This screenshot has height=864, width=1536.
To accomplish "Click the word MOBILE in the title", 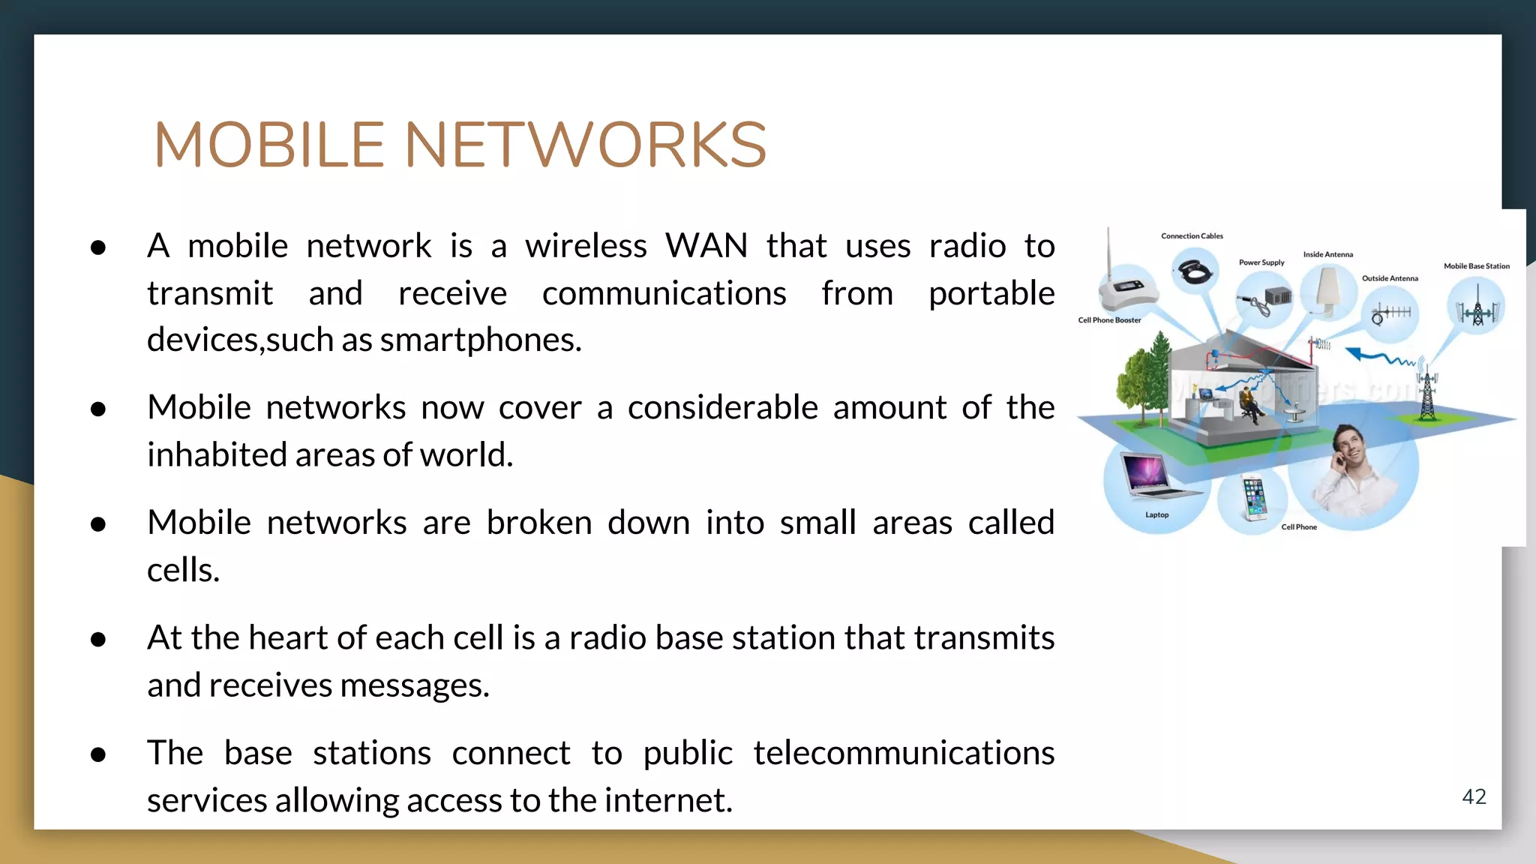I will coord(268,145).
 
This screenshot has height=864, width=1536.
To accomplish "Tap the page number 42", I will coord(1474,796).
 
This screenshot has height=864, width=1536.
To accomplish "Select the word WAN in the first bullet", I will coord(706,246).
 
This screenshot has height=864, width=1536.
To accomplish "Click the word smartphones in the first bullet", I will coord(480,340).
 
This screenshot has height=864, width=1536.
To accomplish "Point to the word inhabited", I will coord(217,455).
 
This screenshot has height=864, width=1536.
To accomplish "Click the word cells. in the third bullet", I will coord(183,571).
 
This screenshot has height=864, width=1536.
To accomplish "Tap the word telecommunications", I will coord(903,753).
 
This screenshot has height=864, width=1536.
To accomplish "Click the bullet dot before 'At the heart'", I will coord(97,640).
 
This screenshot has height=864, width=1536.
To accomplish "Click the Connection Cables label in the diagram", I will coord(1192,236).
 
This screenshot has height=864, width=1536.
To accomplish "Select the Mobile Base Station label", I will coord(1476,266).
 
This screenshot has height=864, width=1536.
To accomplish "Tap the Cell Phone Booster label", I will coord(1109,320).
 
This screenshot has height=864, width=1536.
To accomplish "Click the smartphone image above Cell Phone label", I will coord(1254,497).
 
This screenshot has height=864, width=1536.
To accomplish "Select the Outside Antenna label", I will coord(1390,278).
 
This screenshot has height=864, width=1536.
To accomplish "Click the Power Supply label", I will coord(1261,262).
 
